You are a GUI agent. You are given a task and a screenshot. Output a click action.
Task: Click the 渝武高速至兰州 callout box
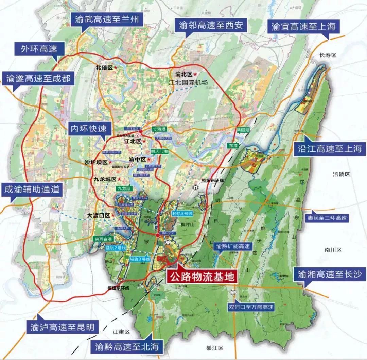tap(106, 20)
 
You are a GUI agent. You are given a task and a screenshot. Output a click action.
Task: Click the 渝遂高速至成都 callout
tap(38, 79)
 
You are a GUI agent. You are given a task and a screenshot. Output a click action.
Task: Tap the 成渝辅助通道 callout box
tap(32, 190)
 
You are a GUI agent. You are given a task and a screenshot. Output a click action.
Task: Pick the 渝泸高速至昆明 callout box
tap(62, 327)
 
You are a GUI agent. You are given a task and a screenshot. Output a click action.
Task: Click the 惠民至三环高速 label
tap(326, 218)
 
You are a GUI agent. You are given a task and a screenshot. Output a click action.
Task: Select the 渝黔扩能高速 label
tap(233, 246)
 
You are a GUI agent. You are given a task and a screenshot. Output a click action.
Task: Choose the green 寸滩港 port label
tap(158, 129)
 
